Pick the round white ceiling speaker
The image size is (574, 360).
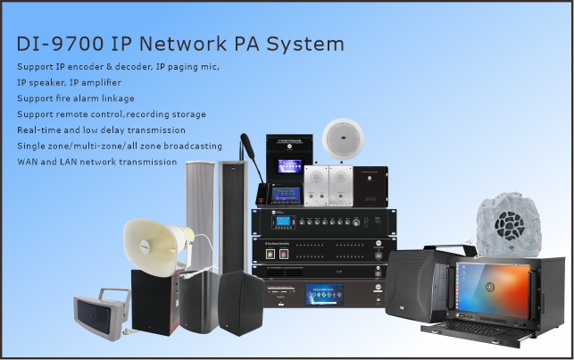[344, 136]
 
